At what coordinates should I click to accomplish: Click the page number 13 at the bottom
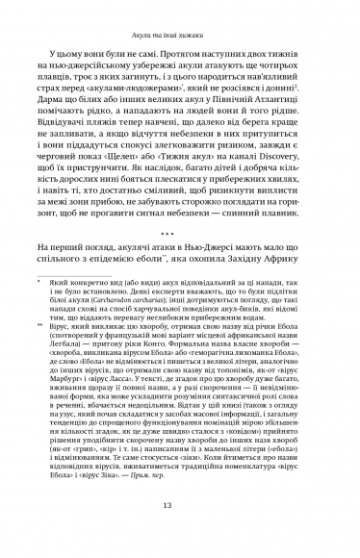tap(180, 534)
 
